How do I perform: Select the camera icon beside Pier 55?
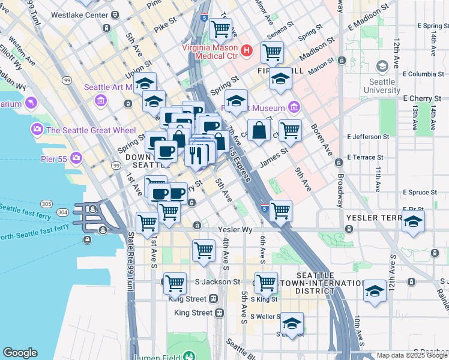click(x=76, y=158)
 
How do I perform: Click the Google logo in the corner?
click(x=20, y=353)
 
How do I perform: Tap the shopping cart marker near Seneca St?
click(x=272, y=52)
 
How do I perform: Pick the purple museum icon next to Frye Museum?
click(x=294, y=108)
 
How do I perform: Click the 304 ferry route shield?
click(x=62, y=212)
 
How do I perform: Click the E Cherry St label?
click(x=422, y=98)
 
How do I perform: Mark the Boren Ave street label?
click(x=322, y=139)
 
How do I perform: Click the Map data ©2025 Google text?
click(x=412, y=355)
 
